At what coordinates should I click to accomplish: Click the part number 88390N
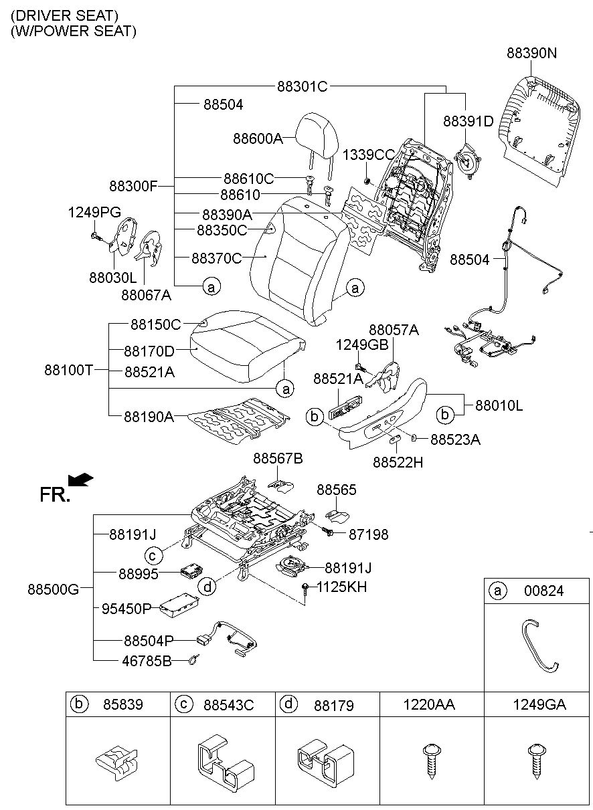coord(531,53)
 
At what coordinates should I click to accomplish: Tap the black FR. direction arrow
coord(80,480)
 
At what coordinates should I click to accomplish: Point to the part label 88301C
coord(303,86)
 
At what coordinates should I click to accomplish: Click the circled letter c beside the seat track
coord(153,555)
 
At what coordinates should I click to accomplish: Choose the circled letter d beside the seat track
coord(207,587)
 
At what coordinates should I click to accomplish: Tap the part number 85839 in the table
coord(123,704)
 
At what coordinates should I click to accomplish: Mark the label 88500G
coord(53,589)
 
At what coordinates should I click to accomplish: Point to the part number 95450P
coord(126,609)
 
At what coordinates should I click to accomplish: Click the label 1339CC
coord(368,155)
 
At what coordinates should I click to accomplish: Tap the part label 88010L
coord(499,406)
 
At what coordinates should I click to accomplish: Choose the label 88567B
coord(278,459)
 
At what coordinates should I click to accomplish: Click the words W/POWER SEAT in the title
coord(74,31)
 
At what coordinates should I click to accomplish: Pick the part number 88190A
coord(149,417)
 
